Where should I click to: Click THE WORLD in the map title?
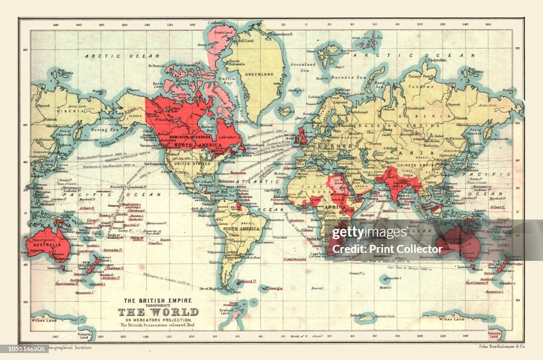157,312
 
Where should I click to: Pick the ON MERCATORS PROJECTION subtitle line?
158,320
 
